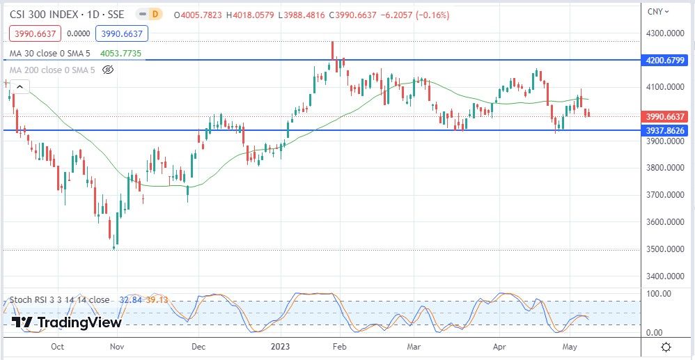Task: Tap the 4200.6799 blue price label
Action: pos(665,61)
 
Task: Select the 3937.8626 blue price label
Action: pos(665,130)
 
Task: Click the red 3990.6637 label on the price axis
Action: pos(665,116)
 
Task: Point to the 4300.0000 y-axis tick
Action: pos(664,33)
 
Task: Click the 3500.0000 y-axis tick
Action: pos(664,249)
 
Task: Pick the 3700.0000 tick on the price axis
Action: pos(664,195)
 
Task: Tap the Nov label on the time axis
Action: pos(117,346)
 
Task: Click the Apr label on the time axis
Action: pos(499,346)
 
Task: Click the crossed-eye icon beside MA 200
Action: pos(107,70)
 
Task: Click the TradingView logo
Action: pos(67,322)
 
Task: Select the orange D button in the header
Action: pos(155,14)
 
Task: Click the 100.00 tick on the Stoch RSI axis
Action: pos(659,294)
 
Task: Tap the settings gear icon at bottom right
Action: pos(666,347)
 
